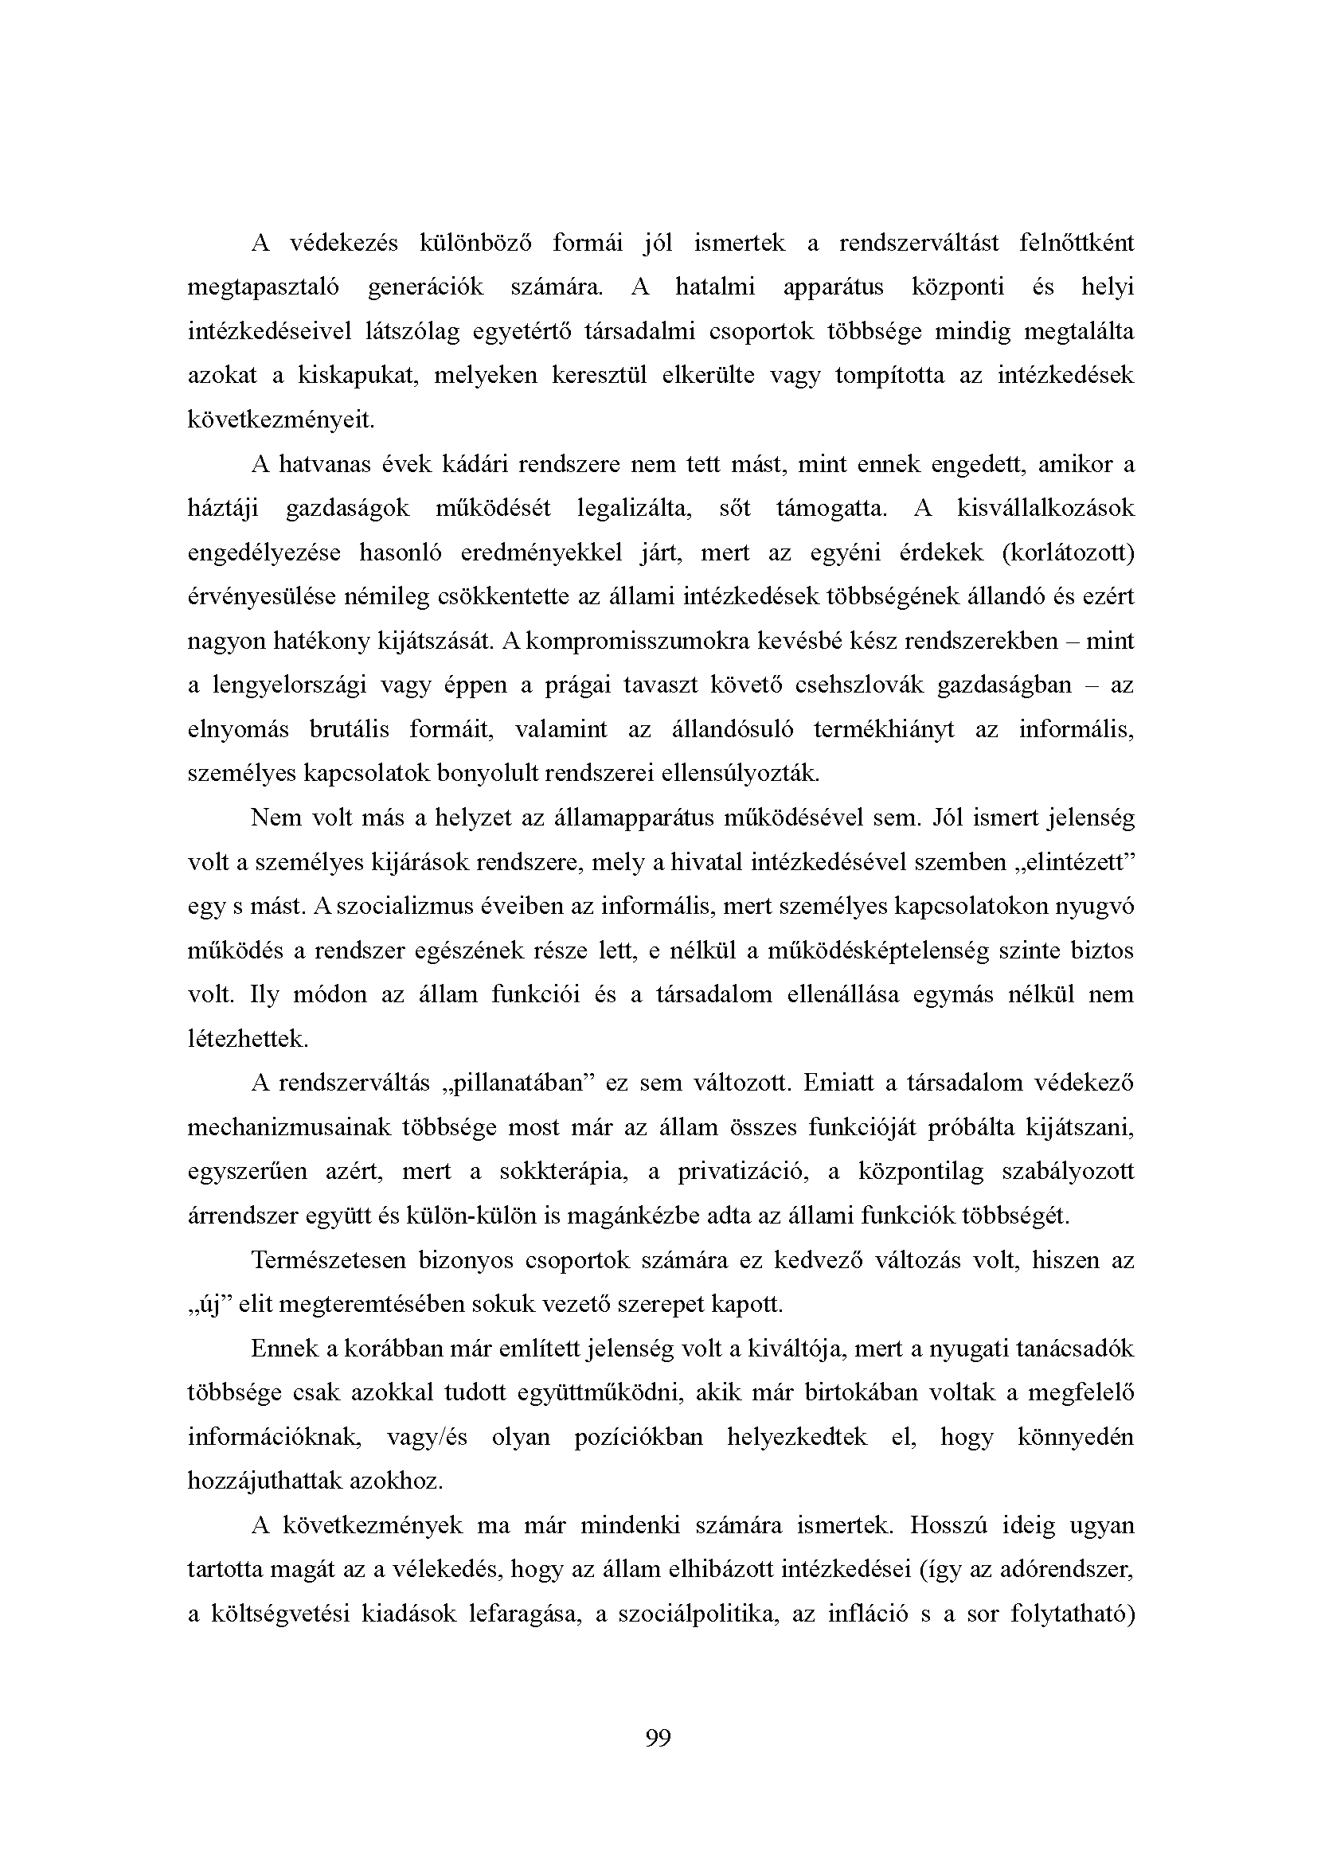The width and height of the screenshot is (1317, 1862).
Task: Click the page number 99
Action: [658, 1737]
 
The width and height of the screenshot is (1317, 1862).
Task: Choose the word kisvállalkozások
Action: [1045, 509]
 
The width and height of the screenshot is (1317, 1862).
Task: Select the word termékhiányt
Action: [883, 729]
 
